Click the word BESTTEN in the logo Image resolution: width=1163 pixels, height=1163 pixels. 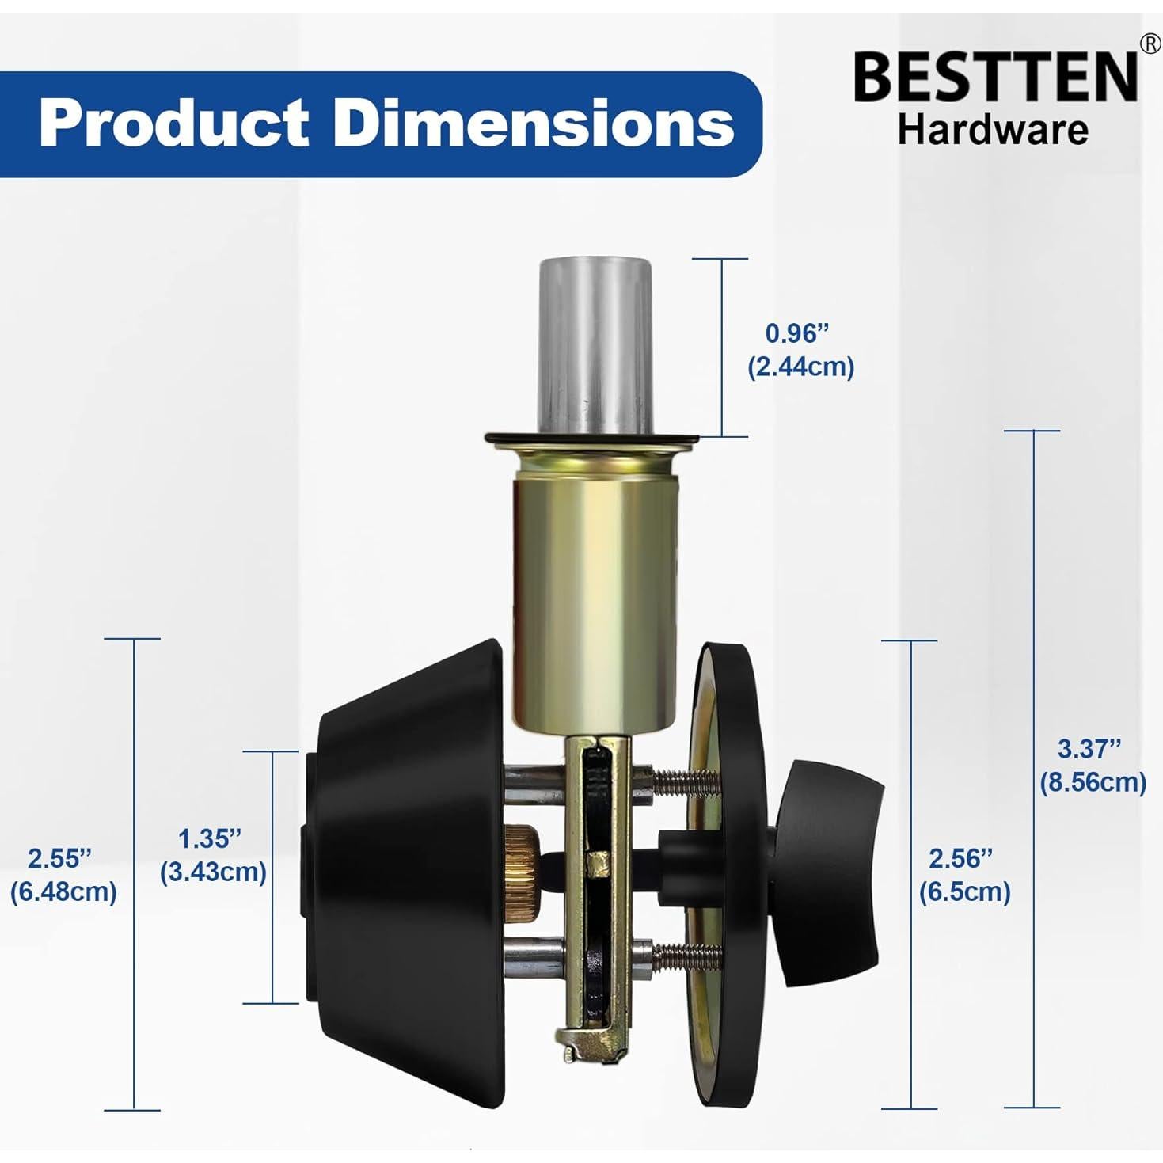click(x=995, y=78)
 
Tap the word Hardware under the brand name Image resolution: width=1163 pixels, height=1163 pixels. click(x=993, y=130)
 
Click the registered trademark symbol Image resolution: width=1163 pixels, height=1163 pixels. click(x=1150, y=44)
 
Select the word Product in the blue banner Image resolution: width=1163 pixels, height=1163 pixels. click(x=174, y=124)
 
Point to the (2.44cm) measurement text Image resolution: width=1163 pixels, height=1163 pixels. click(x=801, y=367)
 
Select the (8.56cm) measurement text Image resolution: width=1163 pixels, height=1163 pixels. click(x=1093, y=783)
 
